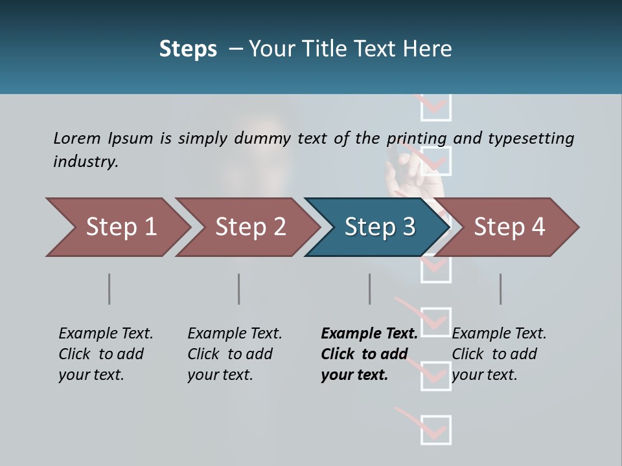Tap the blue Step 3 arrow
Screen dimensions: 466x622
[x=379, y=227]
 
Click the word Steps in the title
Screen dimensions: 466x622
[x=188, y=49]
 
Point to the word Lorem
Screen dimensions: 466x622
[x=77, y=138]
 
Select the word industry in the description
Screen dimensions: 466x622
[x=85, y=161]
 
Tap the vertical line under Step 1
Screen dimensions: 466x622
[x=109, y=289]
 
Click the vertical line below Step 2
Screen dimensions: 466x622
[x=239, y=289]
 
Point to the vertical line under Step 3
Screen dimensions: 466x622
[x=370, y=289]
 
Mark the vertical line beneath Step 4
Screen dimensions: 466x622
[x=500, y=289]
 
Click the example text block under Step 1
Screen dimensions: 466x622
[x=106, y=354]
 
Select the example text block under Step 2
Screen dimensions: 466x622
[x=235, y=354]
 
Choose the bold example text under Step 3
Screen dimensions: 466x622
[x=368, y=354]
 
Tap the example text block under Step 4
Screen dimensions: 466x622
[x=499, y=354]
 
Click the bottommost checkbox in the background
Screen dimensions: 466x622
[x=436, y=430]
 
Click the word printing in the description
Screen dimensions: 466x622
[x=417, y=139]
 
